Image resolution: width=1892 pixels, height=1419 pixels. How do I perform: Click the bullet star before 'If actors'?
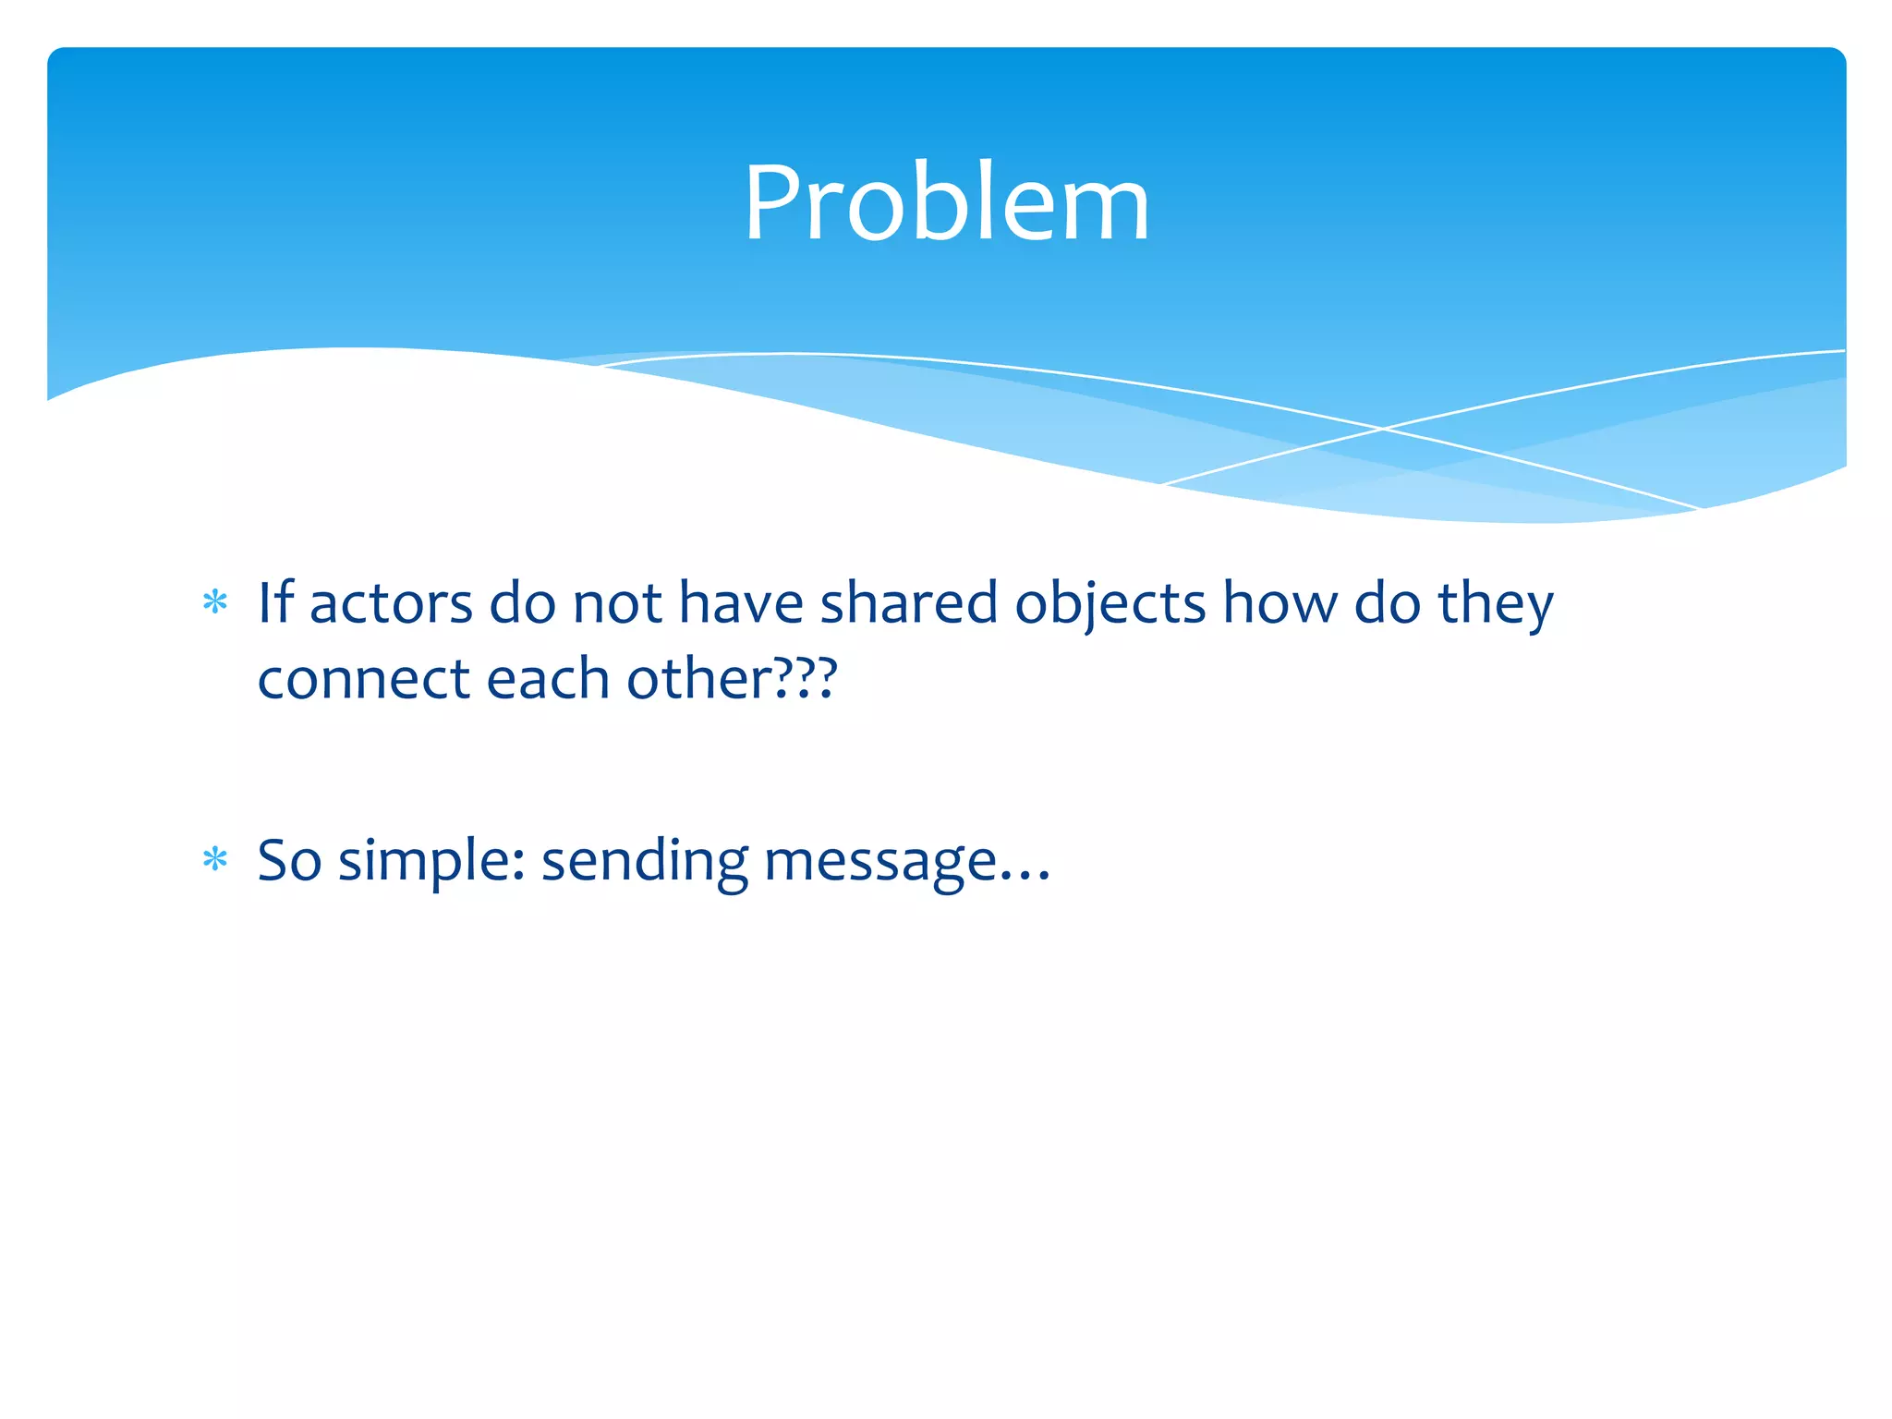(215, 603)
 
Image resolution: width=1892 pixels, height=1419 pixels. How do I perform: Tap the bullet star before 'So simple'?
(215, 860)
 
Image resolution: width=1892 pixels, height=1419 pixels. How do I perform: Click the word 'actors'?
(391, 603)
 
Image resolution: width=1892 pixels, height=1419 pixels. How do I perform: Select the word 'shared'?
(909, 603)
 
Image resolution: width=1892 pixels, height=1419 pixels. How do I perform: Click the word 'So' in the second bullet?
(288, 860)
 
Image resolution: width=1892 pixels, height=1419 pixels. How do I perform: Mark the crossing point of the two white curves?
(1383, 429)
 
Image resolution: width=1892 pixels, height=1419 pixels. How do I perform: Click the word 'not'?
(617, 603)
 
